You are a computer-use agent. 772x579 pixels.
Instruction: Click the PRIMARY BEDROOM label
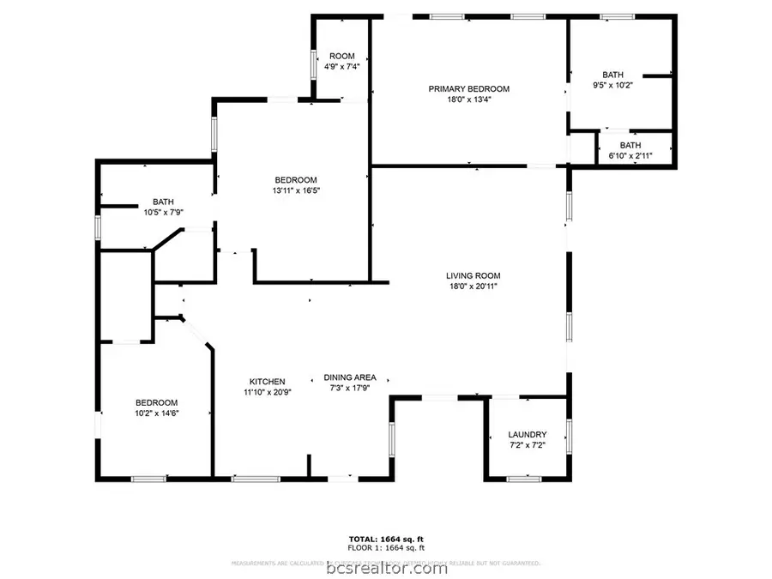click(x=469, y=88)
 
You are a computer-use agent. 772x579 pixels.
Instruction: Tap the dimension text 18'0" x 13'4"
click(x=469, y=100)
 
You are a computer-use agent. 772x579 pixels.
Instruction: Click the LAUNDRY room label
click(x=527, y=435)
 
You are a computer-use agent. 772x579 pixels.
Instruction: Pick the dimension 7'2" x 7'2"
click(x=527, y=446)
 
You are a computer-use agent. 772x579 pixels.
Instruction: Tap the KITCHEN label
click(x=268, y=382)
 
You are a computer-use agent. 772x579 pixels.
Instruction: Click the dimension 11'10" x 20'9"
click(x=268, y=392)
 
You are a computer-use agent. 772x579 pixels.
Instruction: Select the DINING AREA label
click(x=350, y=377)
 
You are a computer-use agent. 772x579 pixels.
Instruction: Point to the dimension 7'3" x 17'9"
click(x=350, y=388)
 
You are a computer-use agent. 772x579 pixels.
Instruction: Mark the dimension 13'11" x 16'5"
click(x=294, y=190)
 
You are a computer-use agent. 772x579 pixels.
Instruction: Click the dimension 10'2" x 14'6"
click(x=156, y=413)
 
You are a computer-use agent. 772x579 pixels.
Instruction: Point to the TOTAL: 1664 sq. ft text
click(x=385, y=539)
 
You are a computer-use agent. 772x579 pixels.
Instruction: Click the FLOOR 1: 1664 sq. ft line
click(x=385, y=547)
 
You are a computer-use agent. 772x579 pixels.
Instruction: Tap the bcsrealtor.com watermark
click(x=385, y=567)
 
